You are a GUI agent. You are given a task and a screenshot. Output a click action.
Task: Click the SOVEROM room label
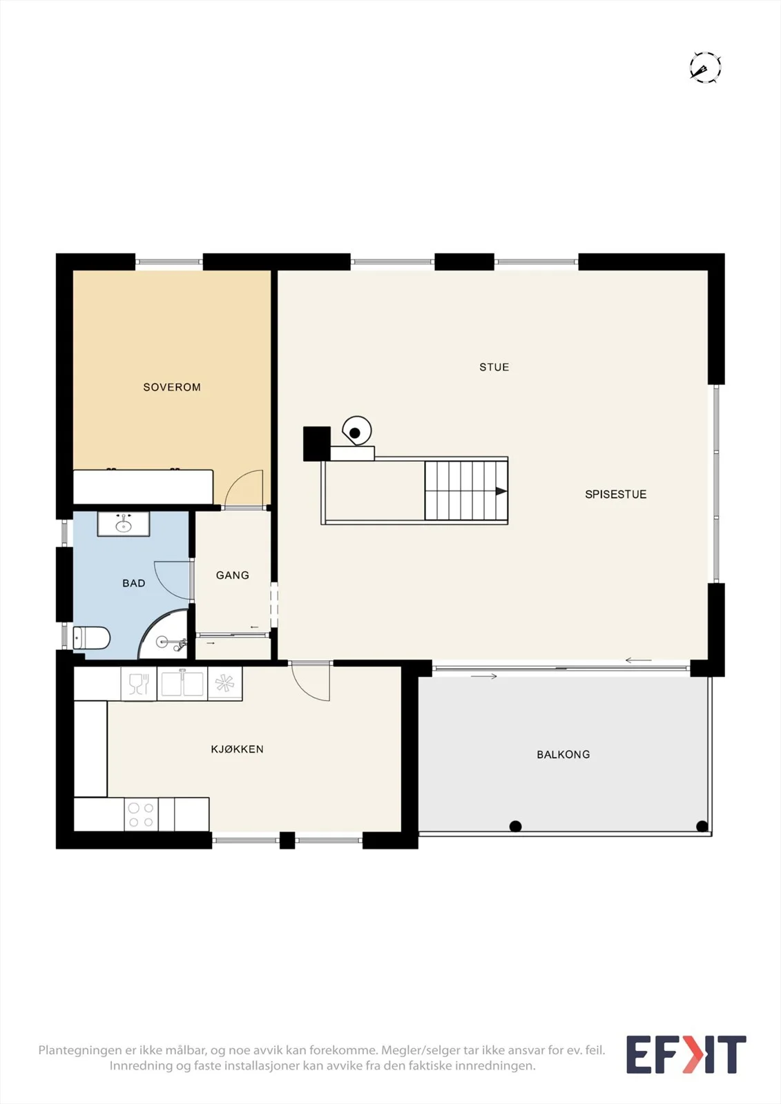172,387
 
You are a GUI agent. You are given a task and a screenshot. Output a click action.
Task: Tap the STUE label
494,367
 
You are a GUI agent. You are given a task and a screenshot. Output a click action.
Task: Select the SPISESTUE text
616,494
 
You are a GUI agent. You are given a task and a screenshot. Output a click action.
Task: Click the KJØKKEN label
238,749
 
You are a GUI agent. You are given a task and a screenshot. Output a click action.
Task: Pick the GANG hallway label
233,575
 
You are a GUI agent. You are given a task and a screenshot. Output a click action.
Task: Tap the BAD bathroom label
134,584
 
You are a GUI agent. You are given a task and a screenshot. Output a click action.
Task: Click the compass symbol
705,67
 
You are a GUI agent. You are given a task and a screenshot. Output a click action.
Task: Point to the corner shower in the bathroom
164,634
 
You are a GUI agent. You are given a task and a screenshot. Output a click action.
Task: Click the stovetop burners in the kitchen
141,815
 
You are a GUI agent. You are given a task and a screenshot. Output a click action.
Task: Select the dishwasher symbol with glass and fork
139,684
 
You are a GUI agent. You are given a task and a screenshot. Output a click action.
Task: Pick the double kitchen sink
182,684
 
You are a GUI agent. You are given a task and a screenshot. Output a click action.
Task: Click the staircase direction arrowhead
501,491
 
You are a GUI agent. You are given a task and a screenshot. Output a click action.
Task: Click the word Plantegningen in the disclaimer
79,1050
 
